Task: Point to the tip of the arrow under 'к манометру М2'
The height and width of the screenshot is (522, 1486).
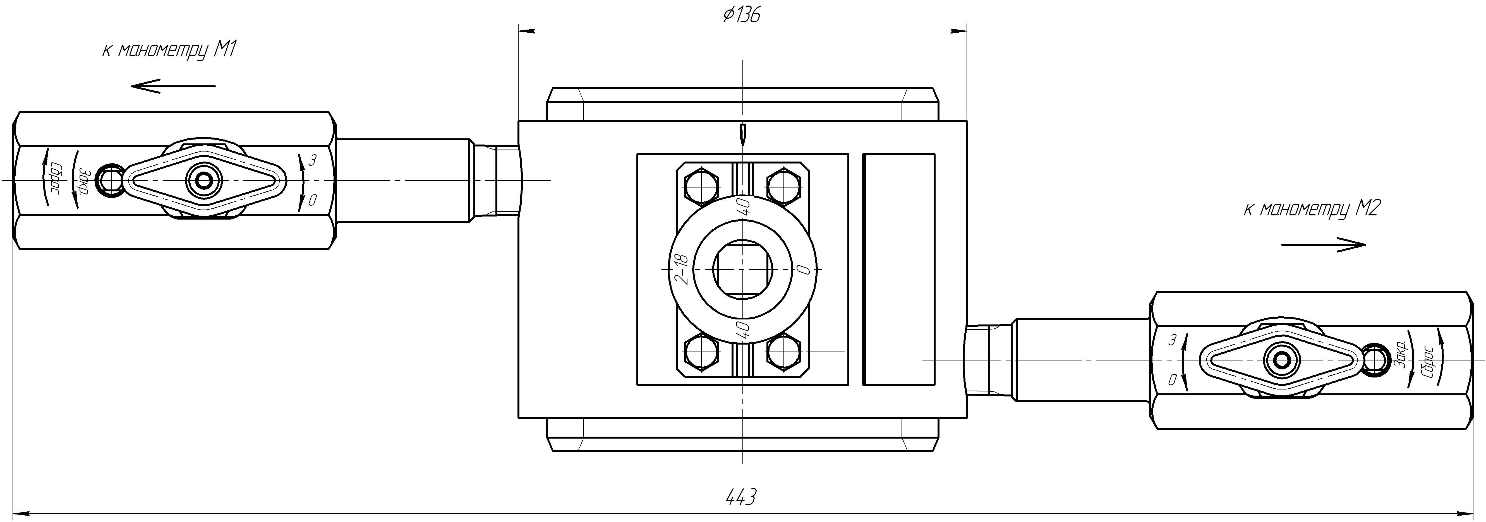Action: point(1366,245)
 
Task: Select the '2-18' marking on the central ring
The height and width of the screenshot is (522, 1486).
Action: point(681,269)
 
